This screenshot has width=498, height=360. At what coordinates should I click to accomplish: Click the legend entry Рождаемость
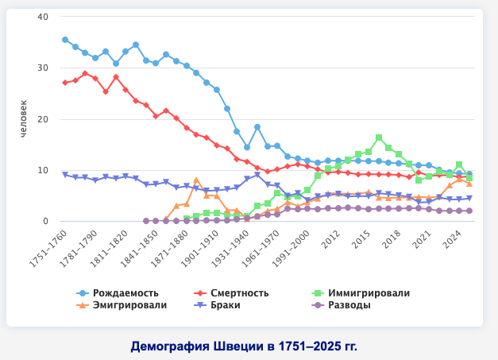pos(119,293)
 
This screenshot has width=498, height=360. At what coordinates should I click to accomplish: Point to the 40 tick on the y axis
pos(43,17)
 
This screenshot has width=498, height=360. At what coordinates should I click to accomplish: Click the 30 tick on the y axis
pos(43,68)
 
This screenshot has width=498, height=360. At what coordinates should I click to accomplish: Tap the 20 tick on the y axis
pos(43,119)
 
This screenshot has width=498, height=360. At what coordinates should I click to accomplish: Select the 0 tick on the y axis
pos(45,222)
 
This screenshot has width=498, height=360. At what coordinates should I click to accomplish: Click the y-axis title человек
pos(24,120)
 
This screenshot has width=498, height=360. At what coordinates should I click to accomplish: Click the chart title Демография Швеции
pos(244,346)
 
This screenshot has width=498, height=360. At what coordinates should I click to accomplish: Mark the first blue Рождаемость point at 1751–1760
pos(65,40)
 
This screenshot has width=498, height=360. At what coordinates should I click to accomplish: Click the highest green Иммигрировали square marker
pos(379,137)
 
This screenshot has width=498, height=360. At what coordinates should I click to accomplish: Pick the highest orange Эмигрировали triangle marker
pos(196,180)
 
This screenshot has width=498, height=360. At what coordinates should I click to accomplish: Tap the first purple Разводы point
pos(145,221)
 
